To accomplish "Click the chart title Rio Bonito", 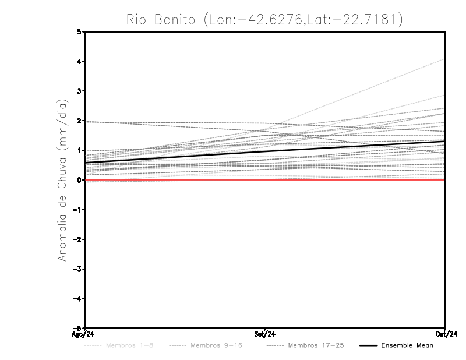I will (x=264, y=19).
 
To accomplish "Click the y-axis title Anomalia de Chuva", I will (x=62, y=179).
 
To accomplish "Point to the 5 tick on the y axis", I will (x=80, y=31).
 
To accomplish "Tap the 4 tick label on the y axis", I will (x=80, y=61).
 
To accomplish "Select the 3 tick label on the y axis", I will (x=80, y=91).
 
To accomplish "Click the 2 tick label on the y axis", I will (x=80, y=121).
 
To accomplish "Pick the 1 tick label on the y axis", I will (x=80, y=150).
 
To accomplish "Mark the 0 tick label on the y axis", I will (x=80, y=180).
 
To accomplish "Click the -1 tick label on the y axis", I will (x=78, y=210).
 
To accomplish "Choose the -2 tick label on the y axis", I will (x=78, y=239).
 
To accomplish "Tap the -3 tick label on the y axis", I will (x=78, y=269).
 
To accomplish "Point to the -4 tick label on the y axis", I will (x=78, y=299).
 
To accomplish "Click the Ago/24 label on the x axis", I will (x=83, y=334).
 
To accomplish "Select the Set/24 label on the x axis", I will (x=265, y=334).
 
